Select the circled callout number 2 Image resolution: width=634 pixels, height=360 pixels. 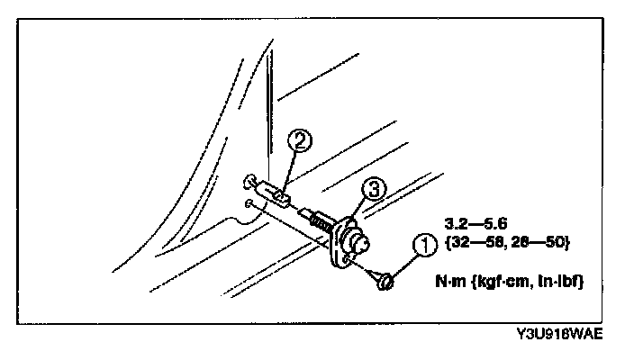click(x=300, y=140)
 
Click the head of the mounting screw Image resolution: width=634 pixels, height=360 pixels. click(x=384, y=282)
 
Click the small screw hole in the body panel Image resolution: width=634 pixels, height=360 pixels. click(x=247, y=204)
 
